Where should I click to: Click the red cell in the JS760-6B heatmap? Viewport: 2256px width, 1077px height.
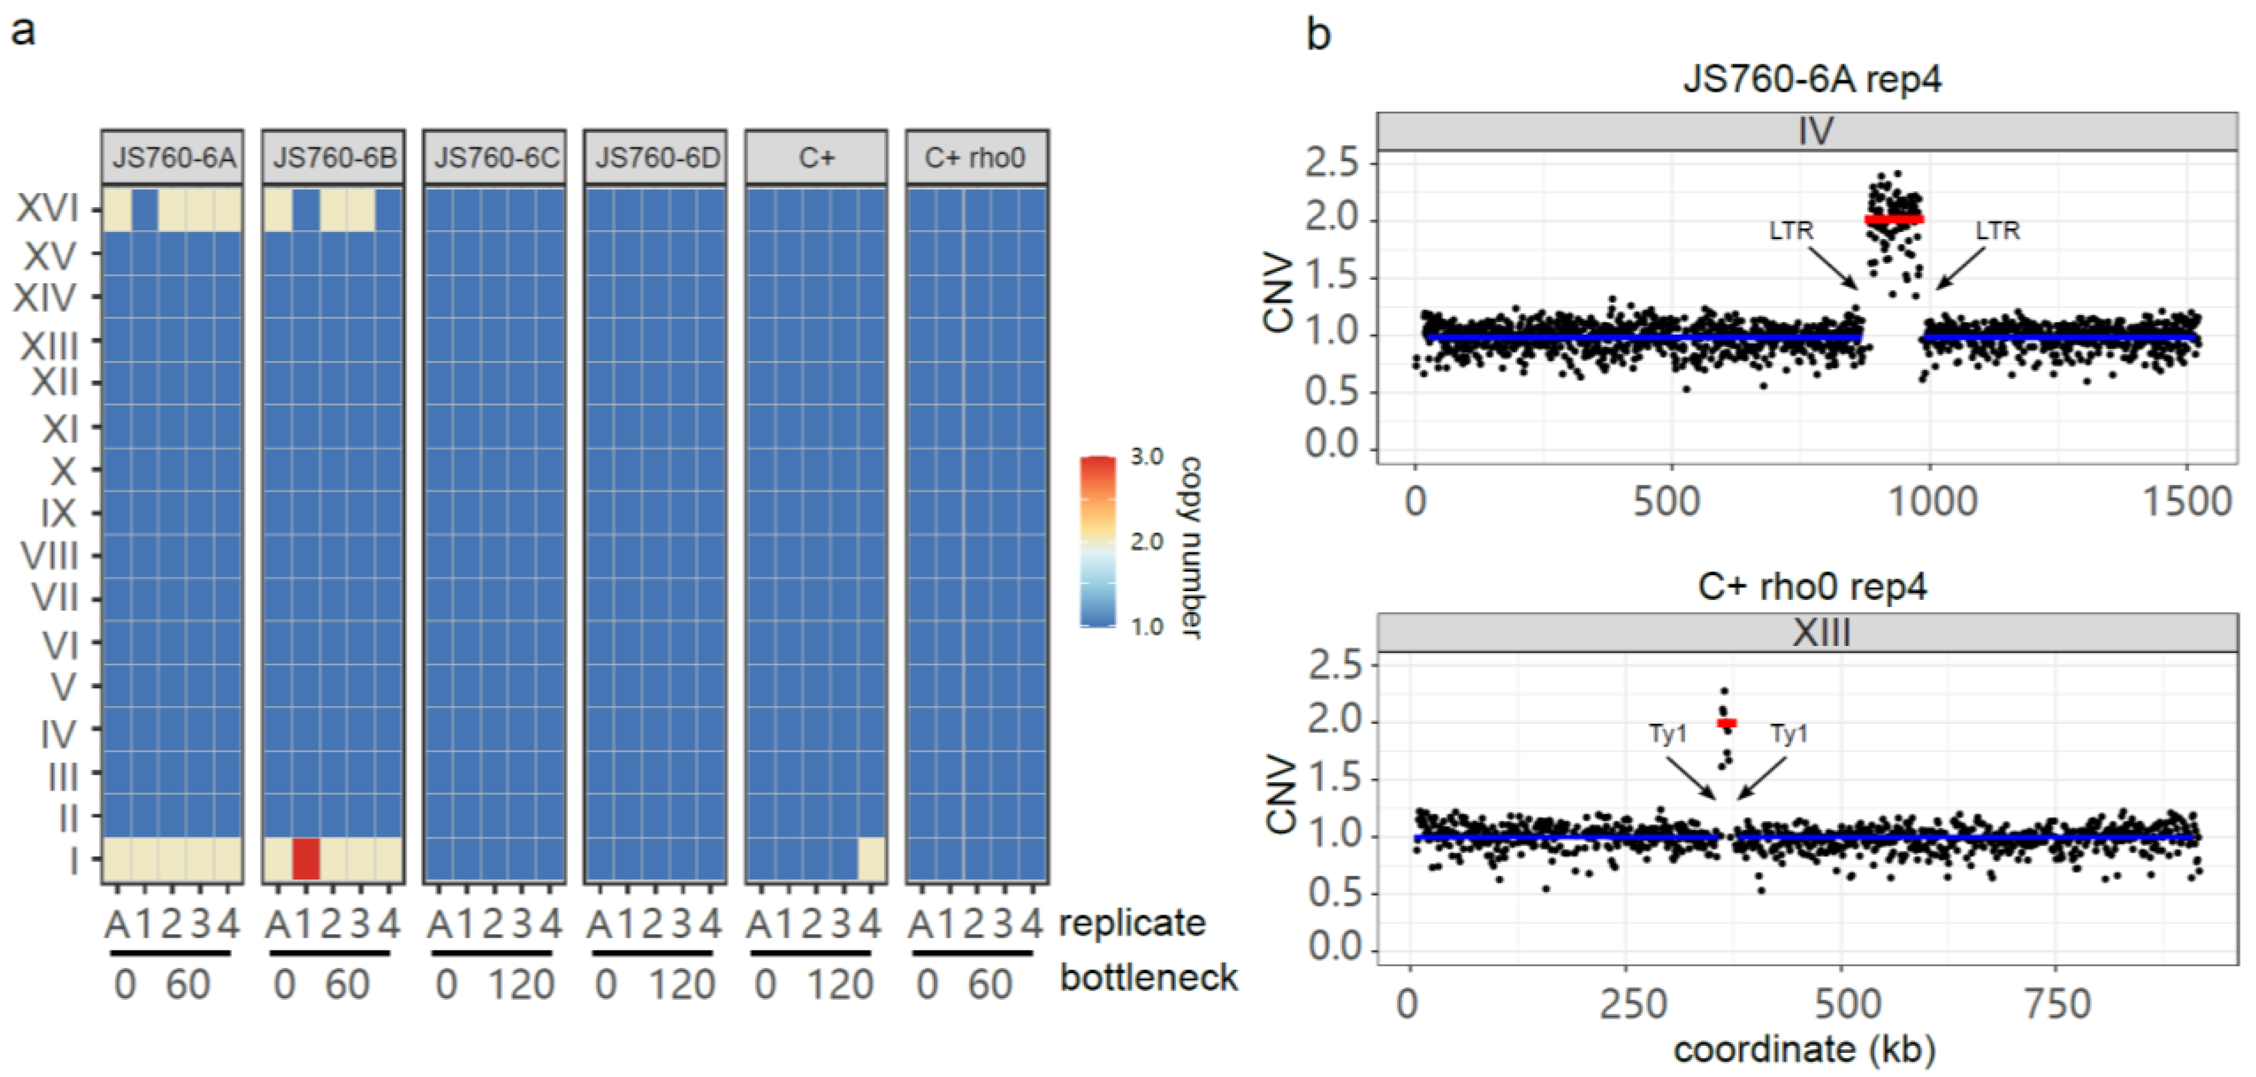point(306,858)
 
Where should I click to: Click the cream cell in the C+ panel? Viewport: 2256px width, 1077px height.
point(871,858)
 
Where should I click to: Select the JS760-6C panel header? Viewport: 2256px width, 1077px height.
point(495,158)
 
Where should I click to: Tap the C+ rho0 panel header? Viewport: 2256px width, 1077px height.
point(976,158)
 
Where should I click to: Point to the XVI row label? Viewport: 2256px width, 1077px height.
point(48,208)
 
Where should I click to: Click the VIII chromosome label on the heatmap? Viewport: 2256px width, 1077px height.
point(50,556)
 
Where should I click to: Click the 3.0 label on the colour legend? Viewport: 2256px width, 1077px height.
point(1147,456)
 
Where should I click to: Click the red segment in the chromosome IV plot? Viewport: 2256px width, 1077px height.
point(1894,219)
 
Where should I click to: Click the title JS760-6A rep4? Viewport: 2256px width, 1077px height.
point(1812,79)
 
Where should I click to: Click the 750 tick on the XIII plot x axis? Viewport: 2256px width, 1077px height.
point(2057,1003)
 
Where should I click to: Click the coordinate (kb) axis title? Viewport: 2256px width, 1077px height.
point(1804,1049)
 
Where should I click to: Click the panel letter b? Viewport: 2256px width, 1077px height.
point(1318,35)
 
